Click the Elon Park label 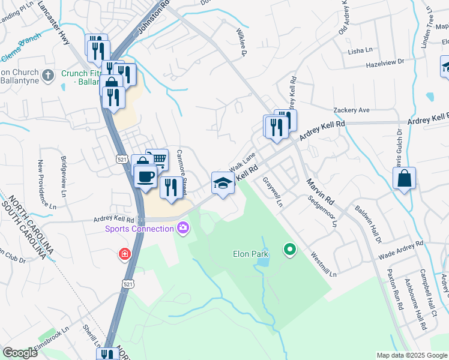coord(250,254)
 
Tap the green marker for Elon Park coord(290,248)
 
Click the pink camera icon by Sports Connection coord(182,227)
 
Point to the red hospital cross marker coord(125,254)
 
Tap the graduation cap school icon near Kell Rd coord(223,183)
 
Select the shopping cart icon coord(157,160)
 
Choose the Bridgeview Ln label coord(64,176)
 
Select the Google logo coord(20,353)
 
